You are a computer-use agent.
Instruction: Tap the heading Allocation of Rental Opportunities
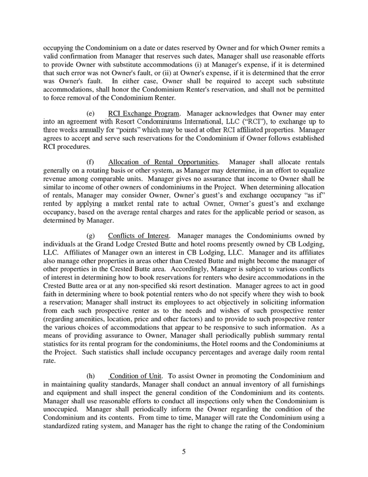[x=163, y=161]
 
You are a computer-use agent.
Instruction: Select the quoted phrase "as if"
[x=313, y=196]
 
